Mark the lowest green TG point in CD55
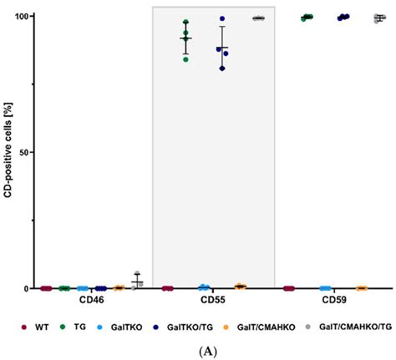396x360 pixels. coord(185,59)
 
